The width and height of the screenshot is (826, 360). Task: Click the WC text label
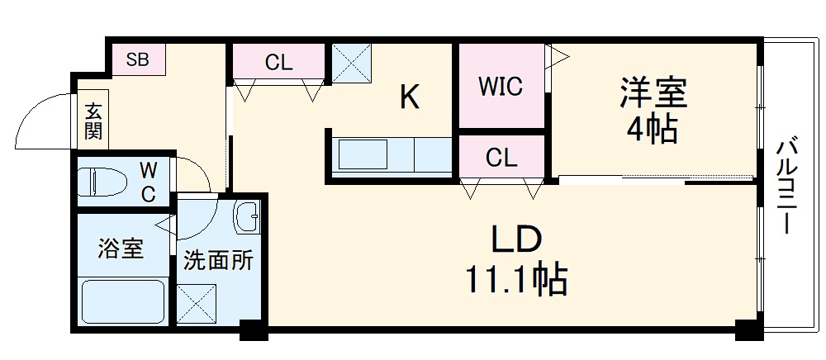tap(147, 182)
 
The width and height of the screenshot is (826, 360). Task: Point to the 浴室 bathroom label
tap(121, 249)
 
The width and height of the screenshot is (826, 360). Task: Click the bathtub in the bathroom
tap(121, 303)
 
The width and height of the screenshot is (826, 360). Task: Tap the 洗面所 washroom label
tap(217, 262)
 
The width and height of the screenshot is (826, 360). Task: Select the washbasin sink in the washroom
tap(248, 219)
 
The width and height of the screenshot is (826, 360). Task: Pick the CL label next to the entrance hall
tap(278, 61)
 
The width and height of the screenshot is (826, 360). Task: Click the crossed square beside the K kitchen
tap(351, 62)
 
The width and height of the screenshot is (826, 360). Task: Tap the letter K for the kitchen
tap(410, 98)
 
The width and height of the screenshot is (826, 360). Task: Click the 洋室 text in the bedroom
tap(653, 93)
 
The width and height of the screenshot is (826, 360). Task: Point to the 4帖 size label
tap(653, 130)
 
